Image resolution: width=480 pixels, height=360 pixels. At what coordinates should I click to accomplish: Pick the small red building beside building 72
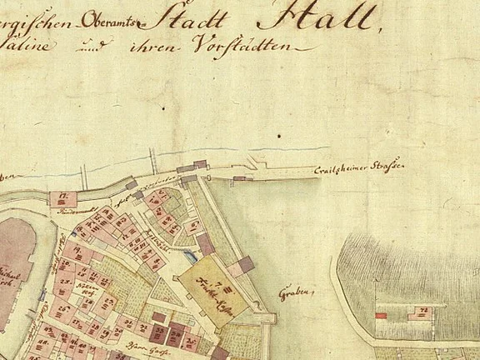pyautogui.click(x=382, y=316)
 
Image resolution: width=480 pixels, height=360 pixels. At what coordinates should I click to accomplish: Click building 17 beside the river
pyautogui.click(x=62, y=199)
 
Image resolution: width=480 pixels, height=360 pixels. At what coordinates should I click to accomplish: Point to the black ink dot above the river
pyautogui.click(x=279, y=133)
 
